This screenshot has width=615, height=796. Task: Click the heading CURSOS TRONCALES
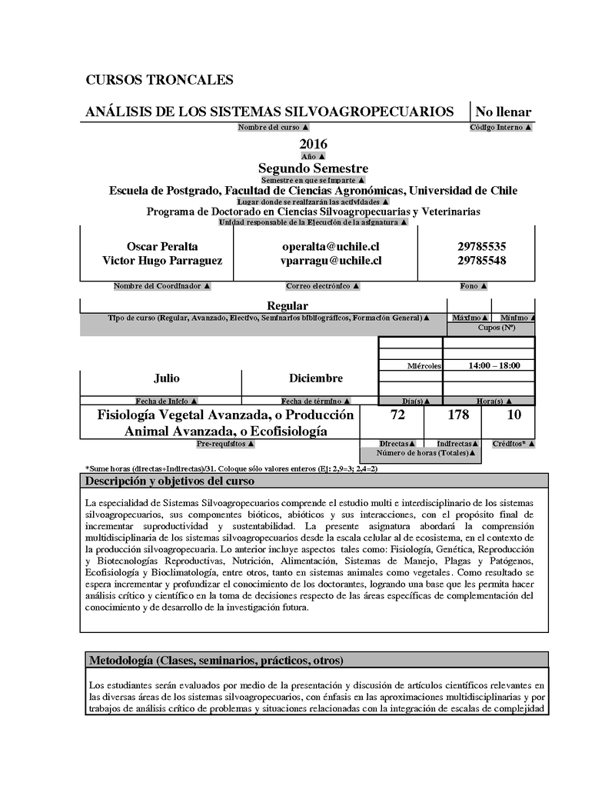coord(159,80)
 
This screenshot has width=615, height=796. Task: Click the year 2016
coord(313,144)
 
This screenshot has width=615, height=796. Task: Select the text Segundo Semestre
coord(313,168)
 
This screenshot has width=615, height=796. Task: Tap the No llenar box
coord(504,112)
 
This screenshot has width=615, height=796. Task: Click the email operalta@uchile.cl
coord(331,247)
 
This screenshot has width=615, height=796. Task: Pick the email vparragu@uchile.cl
coord(331,261)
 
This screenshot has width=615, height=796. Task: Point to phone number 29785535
coord(481,247)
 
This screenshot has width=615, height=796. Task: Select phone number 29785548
coord(481,261)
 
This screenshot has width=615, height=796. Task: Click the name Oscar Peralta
coord(162,247)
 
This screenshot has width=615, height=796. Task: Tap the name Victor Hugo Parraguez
coord(162,261)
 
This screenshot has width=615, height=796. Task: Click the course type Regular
coord(287,306)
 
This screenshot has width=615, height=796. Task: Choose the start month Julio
coord(167,378)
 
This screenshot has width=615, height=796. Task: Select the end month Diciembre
coord(316,378)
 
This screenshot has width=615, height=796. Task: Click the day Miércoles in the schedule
coord(424,366)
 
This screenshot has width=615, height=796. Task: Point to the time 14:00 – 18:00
coord(494,366)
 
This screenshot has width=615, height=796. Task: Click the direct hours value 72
coord(398,415)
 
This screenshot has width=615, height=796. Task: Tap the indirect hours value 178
coord(458,415)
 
